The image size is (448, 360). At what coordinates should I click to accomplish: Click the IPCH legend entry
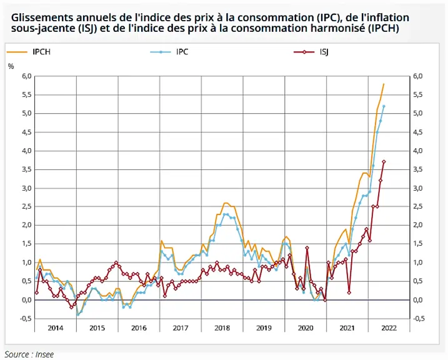tap(29, 52)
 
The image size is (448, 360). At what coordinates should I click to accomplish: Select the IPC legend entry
tap(169, 52)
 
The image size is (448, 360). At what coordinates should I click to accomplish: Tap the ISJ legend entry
tap(311, 52)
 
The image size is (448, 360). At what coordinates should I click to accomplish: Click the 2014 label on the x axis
tap(56, 327)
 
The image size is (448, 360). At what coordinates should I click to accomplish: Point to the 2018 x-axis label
tap(222, 327)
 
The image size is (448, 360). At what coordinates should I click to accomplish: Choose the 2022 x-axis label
tap(389, 327)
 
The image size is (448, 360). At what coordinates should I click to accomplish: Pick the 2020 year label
tap(306, 327)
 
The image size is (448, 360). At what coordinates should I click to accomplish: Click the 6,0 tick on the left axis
tap(26, 76)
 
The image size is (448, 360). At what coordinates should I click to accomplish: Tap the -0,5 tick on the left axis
tap(25, 319)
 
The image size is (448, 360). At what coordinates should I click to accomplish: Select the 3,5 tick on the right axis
tap(418, 169)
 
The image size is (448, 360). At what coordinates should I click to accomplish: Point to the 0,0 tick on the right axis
tap(418, 300)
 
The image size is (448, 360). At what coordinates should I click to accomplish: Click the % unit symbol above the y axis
tap(11, 67)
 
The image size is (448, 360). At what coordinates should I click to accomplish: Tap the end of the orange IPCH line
tap(384, 84)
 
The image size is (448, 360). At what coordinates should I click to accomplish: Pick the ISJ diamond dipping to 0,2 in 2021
tap(349, 292)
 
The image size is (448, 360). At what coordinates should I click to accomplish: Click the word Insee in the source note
tap(44, 354)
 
